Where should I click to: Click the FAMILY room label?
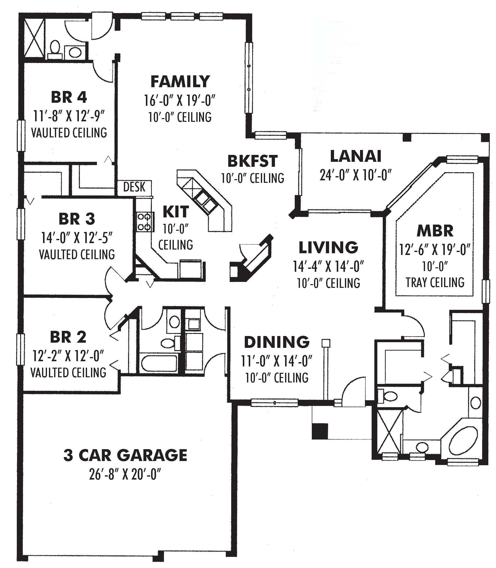click(x=180, y=82)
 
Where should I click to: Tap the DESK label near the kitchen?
click(x=134, y=187)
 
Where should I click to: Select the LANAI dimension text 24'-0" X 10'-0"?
click(x=355, y=175)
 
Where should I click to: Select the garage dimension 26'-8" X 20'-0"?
click(x=125, y=475)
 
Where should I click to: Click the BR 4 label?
click(x=69, y=97)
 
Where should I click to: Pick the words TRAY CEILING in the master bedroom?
click(x=435, y=283)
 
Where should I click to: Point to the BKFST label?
click(x=252, y=161)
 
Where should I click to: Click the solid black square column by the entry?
click(x=320, y=431)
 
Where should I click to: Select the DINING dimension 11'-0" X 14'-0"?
click(x=276, y=361)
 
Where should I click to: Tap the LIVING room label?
click(x=328, y=247)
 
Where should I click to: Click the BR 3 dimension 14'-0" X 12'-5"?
click(x=77, y=237)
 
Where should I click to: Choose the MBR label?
click(x=435, y=231)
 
